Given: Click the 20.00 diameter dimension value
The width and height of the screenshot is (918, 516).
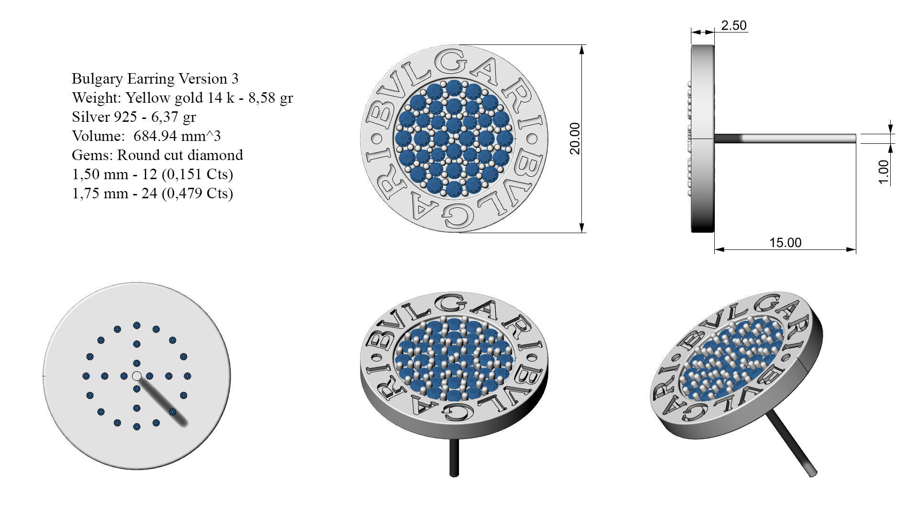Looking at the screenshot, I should click(x=575, y=139).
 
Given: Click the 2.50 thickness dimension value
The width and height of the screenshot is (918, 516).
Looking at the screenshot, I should click(x=733, y=25).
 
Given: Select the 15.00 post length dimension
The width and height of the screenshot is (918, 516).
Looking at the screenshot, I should click(x=785, y=243).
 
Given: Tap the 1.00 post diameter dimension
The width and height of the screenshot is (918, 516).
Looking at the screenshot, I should click(x=884, y=172).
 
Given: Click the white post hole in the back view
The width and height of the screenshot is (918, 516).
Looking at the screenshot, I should click(x=137, y=376).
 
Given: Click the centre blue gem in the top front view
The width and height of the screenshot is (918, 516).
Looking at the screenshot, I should click(x=453, y=139).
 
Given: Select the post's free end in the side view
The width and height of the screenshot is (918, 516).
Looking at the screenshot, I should click(x=854, y=139).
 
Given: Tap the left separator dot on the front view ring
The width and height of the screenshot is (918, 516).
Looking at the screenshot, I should click(x=376, y=140).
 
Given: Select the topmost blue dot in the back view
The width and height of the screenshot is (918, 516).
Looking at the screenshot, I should click(x=137, y=325).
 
